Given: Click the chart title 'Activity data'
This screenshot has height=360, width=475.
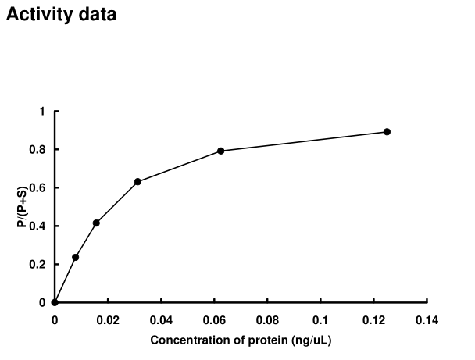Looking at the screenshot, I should [x=62, y=15].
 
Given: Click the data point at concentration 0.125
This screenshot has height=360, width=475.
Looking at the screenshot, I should [x=387, y=132].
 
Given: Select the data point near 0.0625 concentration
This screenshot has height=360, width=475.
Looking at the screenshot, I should [x=221, y=151].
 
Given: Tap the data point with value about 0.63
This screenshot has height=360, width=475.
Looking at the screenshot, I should [x=137, y=181].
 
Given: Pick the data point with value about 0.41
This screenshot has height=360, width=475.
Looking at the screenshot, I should [x=96, y=223].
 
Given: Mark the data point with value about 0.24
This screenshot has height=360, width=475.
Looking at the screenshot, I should [x=76, y=257].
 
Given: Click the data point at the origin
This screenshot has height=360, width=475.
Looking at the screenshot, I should [x=55, y=302].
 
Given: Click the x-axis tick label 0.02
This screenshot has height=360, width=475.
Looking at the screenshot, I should [x=108, y=320].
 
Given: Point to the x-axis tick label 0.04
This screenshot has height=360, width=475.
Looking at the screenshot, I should [x=161, y=320].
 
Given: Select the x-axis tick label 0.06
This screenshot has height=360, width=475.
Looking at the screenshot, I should [x=214, y=320].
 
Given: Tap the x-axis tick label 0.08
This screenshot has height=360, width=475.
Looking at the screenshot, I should [x=267, y=320].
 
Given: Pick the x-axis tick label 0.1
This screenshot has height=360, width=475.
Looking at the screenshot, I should [x=320, y=320].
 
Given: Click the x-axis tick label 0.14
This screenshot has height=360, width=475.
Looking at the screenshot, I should [x=427, y=320].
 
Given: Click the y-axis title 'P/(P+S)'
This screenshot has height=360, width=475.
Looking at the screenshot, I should [x=21, y=206].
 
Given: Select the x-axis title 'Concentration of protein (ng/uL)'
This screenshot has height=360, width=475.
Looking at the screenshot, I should [x=241, y=340].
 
